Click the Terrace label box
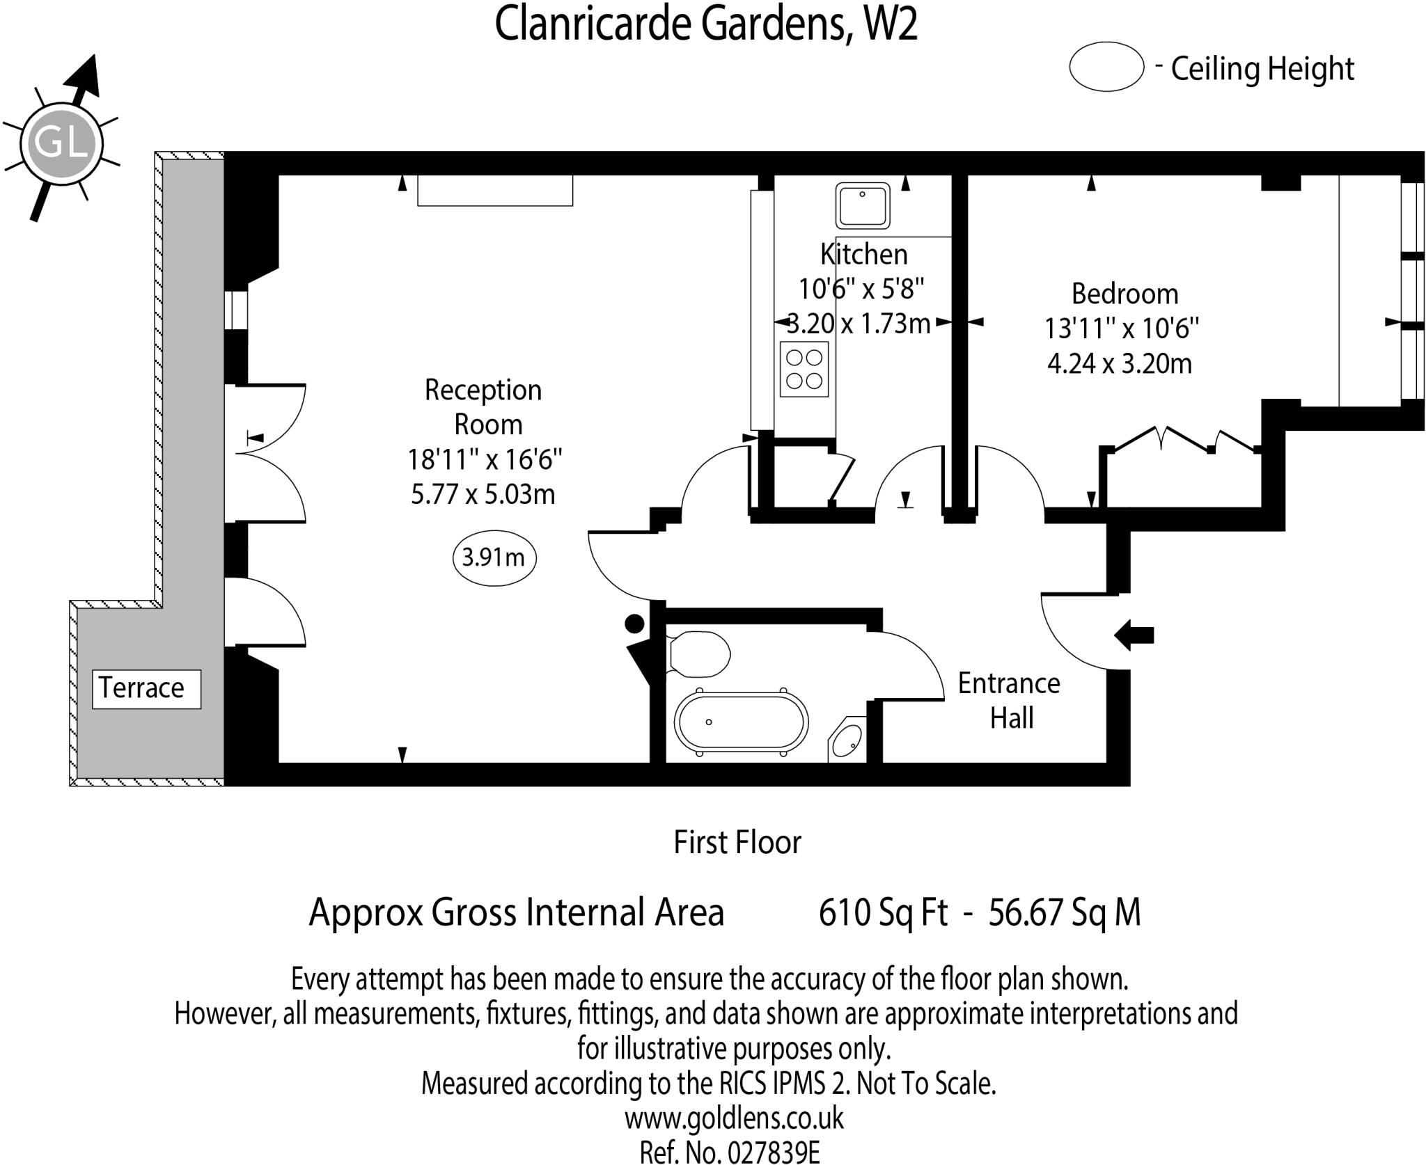click(x=146, y=689)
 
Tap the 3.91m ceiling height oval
click(x=494, y=557)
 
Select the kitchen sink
click(x=863, y=205)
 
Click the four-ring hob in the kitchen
click(x=804, y=370)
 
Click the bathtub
click(x=742, y=722)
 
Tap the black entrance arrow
click(x=1134, y=635)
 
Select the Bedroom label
click(x=1125, y=294)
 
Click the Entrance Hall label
click(x=1010, y=700)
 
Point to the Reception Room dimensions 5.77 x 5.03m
click(x=483, y=494)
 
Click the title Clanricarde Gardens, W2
click(x=706, y=24)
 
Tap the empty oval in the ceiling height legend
click(x=1106, y=67)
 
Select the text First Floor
click(x=737, y=842)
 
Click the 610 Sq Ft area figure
click(x=883, y=912)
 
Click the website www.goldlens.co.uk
click(x=733, y=1119)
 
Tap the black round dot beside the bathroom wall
click(x=634, y=624)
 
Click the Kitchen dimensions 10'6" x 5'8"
click(x=861, y=288)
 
